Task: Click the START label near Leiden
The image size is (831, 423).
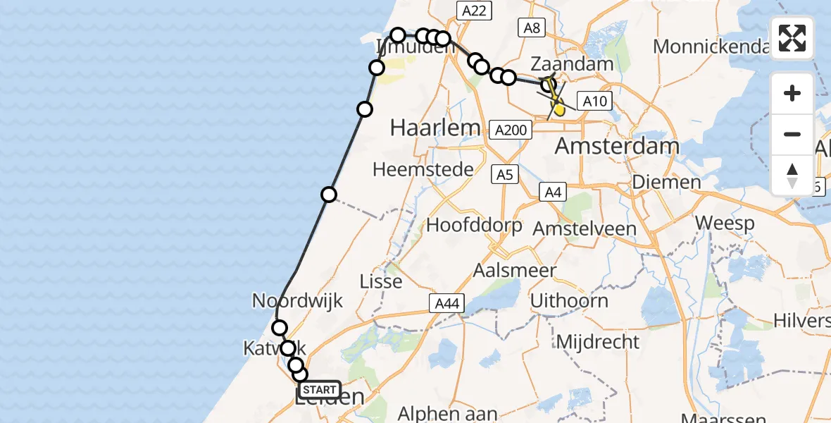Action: [x=320, y=390]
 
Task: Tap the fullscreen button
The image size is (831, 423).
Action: [x=792, y=38]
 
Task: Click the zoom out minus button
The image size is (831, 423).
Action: [x=792, y=134]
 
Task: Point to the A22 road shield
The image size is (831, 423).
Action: [x=473, y=10]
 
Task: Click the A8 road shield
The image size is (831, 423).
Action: [x=532, y=28]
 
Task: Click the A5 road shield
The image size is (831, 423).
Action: [x=504, y=174]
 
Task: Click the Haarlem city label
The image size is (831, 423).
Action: [x=435, y=128]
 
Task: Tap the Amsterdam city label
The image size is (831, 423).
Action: [x=618, y=147]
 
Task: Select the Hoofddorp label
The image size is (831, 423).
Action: [x=475, y=226]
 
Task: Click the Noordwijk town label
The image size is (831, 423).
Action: [x=298, y=301]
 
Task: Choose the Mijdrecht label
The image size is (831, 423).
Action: [x=598, y=342]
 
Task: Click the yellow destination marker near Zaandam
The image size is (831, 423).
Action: [x=559, y=109]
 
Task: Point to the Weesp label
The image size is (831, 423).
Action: [x=725, y=223]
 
